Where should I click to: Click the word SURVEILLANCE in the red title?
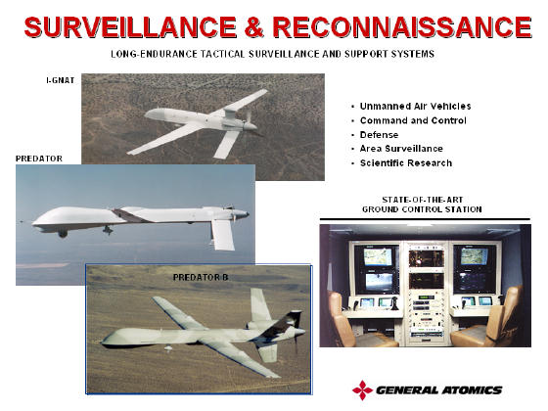(130, 27)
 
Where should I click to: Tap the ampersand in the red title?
(254, 27)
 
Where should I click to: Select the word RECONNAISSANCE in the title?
(402, 27)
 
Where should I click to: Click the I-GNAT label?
(60, 80)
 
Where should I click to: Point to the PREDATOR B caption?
(201, 278)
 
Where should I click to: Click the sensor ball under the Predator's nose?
(63, 234)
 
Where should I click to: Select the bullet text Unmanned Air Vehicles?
(415, 107)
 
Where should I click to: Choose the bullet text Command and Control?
(413, 120)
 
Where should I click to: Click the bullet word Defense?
(380, 135)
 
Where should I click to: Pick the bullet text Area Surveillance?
(401, 149)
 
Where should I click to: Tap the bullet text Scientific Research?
(406, 163)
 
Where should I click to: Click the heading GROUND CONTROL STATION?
(422, 209)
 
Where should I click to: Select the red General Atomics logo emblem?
(363, 389)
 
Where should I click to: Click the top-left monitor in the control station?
(378, 256)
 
